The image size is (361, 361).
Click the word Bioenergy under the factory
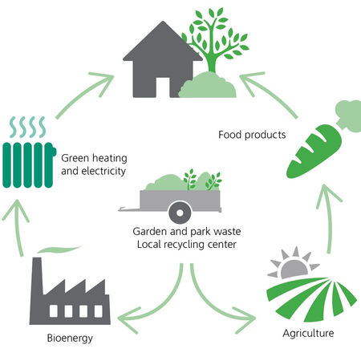pyautogui.click(x=70, y=339)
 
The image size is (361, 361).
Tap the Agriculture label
pyautogui.click(x=308, y=334)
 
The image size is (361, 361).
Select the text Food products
pyautogui.click(x=252, y=135)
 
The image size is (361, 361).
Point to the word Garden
pyautogui.click(x=150, y=231)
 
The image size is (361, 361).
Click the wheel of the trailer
pyautogui.click(x=180, y=213)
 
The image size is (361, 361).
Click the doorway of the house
pyautogui.click(x=163, y=87)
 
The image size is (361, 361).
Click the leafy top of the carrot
pyautogui.click(x=348, y=115)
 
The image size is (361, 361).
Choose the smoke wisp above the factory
pyautogui.click(x=59, y=249)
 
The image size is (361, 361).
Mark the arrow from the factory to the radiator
pyautogui.click(x=18, y=227)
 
